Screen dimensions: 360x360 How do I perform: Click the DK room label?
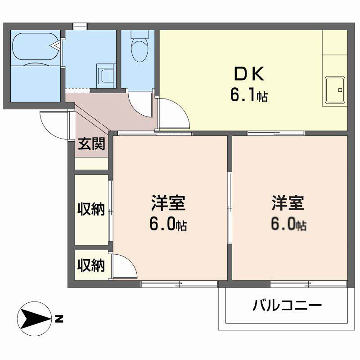(249, 73)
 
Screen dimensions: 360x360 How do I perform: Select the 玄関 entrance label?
(91, 144)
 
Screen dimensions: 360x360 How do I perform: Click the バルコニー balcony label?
(287, 306)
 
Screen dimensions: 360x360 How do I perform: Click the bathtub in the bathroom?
(36, 46)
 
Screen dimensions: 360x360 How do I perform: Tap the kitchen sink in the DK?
(335, 90)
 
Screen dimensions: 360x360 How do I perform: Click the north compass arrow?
(35, 319)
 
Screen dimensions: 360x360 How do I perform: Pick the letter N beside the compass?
(59, 319)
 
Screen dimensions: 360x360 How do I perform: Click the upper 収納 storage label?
(91, 209)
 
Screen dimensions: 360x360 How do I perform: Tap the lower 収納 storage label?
(91, 265)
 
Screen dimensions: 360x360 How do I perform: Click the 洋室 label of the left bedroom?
(168, 203)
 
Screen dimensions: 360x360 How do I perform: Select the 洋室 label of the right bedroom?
(288, 203)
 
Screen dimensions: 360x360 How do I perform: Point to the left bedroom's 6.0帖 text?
(168, 224)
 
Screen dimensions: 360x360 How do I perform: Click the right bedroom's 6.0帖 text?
(288, 224)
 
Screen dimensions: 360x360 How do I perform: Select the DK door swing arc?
(181, 108)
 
